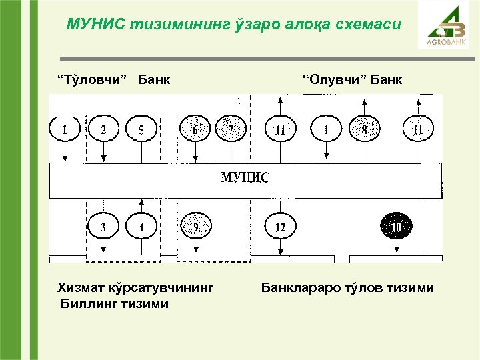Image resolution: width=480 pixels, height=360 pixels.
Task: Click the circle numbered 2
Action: coord(103,129)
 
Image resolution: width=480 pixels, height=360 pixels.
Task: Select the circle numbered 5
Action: coord(141,129)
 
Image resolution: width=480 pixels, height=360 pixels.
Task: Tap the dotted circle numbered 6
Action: coord(195,129)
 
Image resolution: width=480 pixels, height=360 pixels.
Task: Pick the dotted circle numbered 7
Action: coord(231,129)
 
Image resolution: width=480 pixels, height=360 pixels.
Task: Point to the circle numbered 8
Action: coord(364,129)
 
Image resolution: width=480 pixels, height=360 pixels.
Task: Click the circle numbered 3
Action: coord(103,227)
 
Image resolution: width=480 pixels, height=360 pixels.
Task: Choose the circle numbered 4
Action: coord(141,227)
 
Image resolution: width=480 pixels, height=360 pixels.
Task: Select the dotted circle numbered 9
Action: coord(195,227)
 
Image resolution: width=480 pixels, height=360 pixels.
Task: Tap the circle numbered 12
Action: coord(280,227)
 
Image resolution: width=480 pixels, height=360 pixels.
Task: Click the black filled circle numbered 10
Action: coord(397,227)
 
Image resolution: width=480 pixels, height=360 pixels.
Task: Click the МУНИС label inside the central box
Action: coord(245,178)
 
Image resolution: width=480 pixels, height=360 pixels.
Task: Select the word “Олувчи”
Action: coord(334,81)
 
